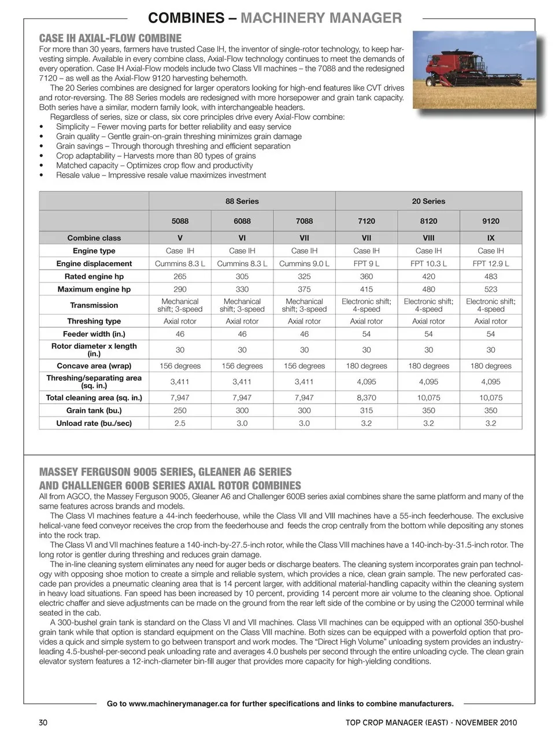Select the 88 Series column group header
[x=242, y=201]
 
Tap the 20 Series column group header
[x=428, y=201]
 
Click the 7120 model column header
[x=366, y=221]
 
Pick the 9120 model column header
[x=490, y=221]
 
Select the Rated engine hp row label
[x=94, y=277]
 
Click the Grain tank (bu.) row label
[x=94, y=411]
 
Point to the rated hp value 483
[x=490, y=277]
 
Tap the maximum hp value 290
[x=180, y=289]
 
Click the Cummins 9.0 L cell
[x=304, y=264]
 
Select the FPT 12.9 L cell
[x=490, y=264]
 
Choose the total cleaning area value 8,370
[x=366, y=398]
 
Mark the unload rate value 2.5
[x=180, y=424]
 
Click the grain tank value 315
[x=366, y=411]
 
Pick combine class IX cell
[x=490, y=238]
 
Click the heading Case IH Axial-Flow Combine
[x=110, y=39]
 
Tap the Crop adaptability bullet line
[x=156, y=156]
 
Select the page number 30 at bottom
[x=43, y=722]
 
